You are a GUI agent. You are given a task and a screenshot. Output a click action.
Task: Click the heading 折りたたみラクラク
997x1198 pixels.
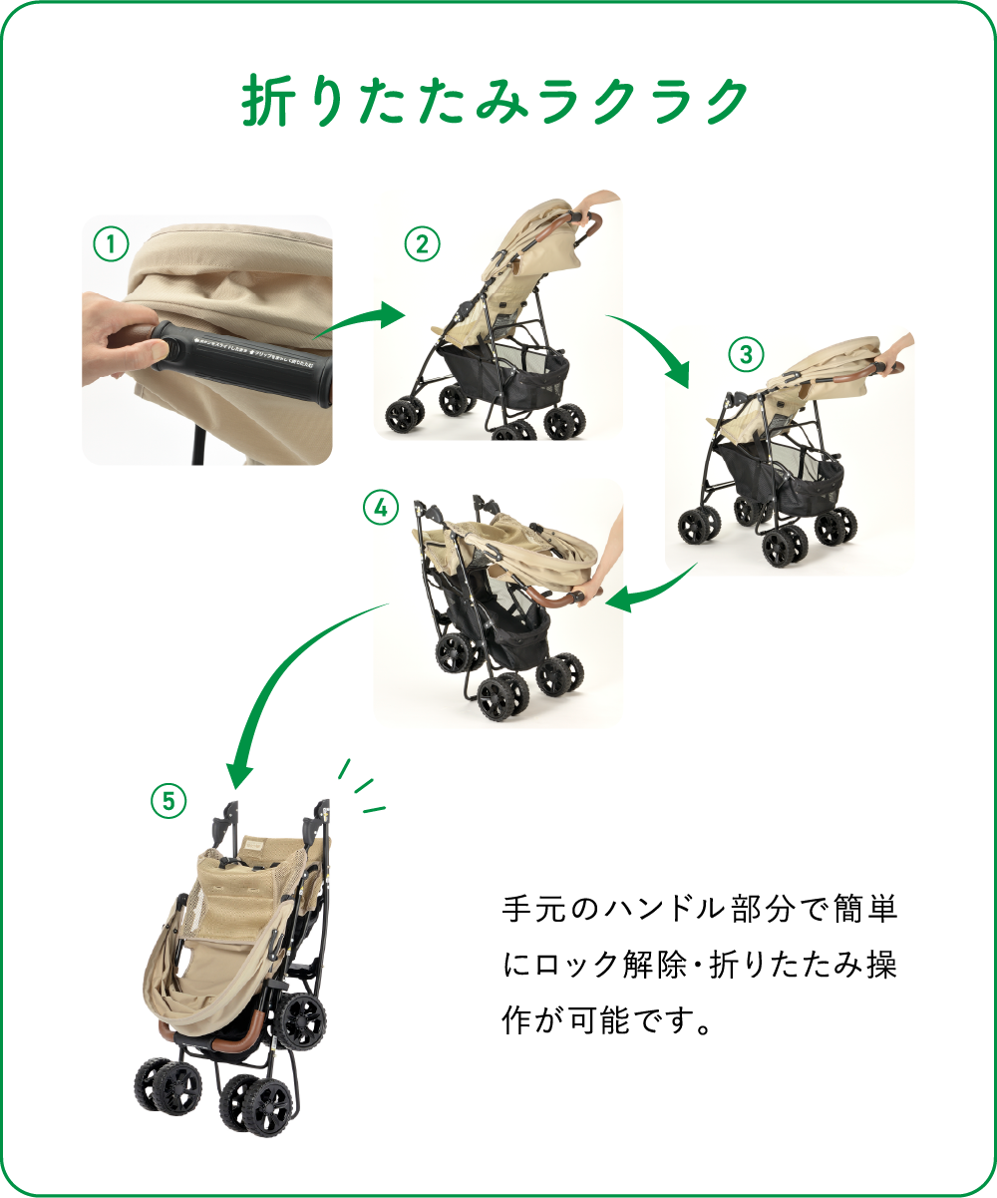[496, 101]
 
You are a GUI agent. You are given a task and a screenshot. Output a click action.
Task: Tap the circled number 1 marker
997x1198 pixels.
[112, 242]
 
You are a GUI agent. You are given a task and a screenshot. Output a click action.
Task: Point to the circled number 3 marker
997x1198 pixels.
[745, 353]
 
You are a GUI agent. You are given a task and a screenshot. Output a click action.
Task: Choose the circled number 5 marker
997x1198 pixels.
[168, 800]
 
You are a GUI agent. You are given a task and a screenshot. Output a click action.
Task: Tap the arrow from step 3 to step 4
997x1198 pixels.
[652, 589]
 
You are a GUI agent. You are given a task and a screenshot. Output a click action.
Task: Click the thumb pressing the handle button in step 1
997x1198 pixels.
[145, 350]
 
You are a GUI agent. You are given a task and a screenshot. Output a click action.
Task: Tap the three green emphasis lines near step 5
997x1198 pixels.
[361, 788]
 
